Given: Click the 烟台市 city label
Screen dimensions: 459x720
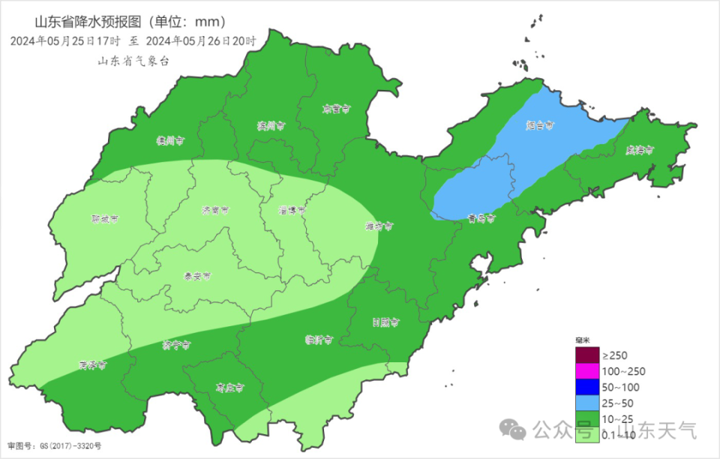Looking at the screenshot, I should (x=539, y=125).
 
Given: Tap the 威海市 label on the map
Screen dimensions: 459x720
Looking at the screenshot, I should (x=640, y=150).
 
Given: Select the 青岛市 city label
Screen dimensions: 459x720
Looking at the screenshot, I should (x=481, y=219).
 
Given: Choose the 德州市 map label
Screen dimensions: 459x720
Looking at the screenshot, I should (x=170, y=140).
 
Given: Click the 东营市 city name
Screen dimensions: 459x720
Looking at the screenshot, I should (x=337, y=109).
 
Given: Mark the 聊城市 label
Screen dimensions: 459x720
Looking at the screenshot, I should (x=105, y=219).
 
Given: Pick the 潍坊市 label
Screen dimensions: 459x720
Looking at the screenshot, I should (x=379, y=225).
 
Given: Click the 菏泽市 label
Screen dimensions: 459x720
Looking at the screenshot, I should (x=92, y=365).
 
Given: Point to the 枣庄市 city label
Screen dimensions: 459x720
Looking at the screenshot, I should (x=230, y=388).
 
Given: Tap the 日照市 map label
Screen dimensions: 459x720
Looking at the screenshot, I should (x=385, y=322).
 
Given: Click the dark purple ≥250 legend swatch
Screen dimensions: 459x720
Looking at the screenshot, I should (x=587, y=355).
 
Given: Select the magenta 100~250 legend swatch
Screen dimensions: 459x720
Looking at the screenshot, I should (x=587, y=371).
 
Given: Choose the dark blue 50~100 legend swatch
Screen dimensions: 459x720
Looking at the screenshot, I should (x=587, y=387).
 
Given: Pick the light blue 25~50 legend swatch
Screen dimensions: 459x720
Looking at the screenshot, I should (x=587, y=403).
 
